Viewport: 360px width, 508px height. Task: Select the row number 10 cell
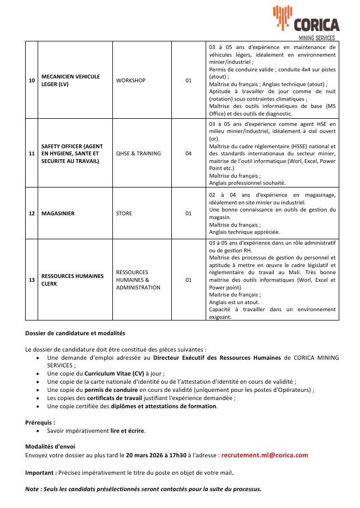point(32,81)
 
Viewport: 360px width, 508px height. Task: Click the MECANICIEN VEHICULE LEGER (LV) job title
point(70,81)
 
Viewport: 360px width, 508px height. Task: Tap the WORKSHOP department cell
point(131,81)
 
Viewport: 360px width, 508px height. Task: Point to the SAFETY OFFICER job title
point(71,153)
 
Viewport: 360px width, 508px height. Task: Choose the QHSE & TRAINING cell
point(139,153)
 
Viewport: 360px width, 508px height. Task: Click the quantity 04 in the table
point(188,153)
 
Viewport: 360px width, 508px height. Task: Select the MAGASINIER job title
point(58,213)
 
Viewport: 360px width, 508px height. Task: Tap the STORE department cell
point(124,213)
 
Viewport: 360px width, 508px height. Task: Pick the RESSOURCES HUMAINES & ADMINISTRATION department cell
point(138,280)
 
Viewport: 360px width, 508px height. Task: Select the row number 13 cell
point(32,280)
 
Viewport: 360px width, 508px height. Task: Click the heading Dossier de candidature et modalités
point(75,332)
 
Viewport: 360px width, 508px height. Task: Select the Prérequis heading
point(40,422)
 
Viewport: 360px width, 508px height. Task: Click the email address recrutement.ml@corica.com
point(265,455)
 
